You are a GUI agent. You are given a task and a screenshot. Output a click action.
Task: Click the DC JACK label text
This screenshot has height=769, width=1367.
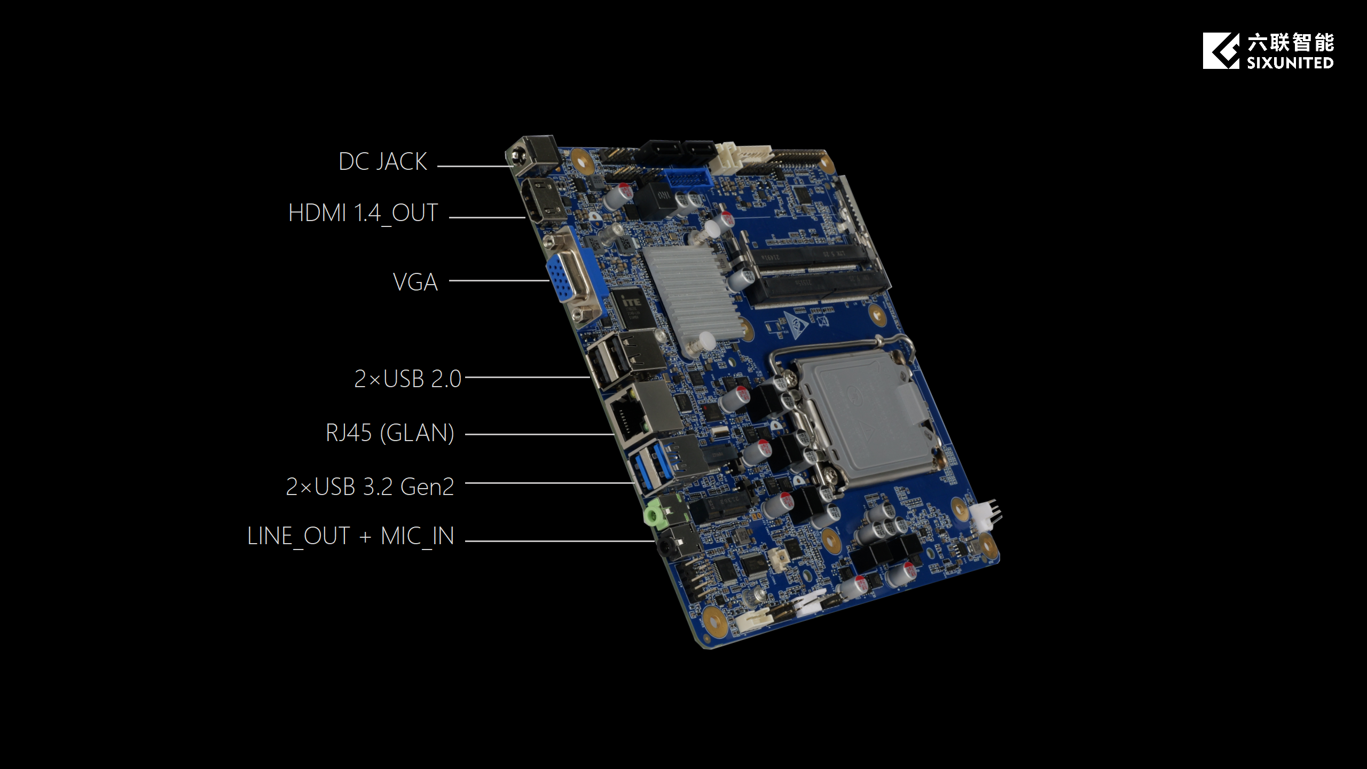coord(383,162)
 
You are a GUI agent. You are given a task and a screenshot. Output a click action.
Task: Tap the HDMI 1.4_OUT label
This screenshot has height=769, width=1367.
coord(363,214)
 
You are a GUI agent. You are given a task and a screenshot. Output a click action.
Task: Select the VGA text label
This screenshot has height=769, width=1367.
coord(415,282)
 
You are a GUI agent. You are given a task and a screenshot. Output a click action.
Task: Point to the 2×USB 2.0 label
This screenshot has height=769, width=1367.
coord(407,379)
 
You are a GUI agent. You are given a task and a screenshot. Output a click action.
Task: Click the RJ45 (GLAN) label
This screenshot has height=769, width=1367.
coord(390,433)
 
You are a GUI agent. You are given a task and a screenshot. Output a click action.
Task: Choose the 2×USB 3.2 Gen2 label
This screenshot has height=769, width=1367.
coord(370,486)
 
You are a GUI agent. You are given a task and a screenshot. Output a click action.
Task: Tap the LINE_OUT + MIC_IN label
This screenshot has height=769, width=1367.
coord(351,536)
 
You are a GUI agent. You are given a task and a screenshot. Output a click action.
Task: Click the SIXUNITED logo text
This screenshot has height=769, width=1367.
coord(1290,63)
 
